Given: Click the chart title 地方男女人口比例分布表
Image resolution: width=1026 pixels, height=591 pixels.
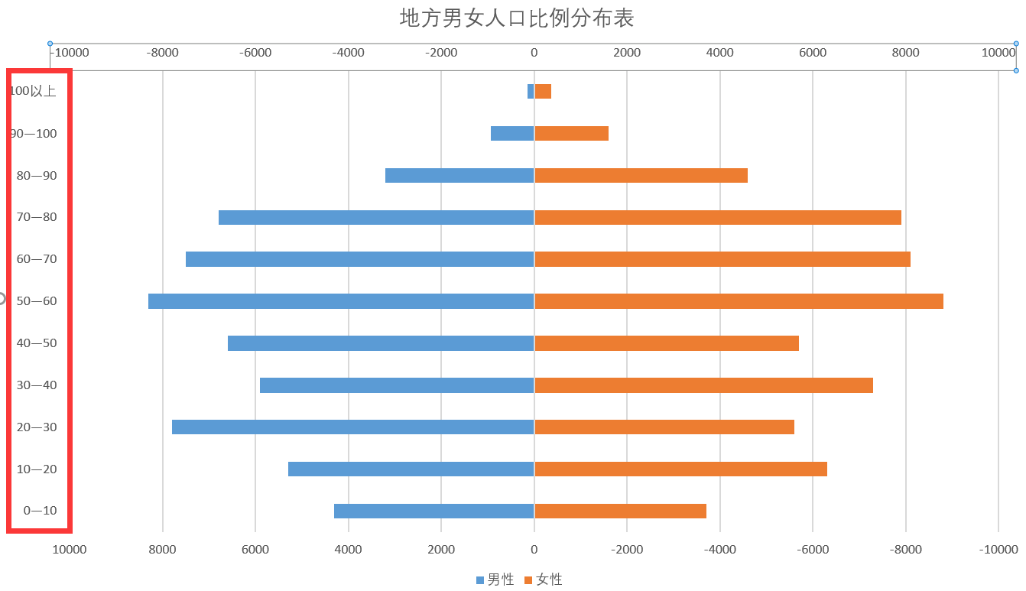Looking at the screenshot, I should click(517, 18).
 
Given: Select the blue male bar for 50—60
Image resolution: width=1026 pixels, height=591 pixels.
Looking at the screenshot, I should click(341, 301).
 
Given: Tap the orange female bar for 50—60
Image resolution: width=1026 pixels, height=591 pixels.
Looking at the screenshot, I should click(739, 301).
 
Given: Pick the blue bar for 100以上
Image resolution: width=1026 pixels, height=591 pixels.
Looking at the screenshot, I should click(531, 92).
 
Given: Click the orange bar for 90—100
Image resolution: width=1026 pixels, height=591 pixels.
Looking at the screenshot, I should click(572, 134).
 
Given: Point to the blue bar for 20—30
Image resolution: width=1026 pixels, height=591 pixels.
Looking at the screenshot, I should click(353, 427).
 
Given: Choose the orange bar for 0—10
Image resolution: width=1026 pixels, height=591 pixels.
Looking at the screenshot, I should click(620, 511).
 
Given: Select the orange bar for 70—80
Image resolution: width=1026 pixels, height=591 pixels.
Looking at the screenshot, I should click(718, 218).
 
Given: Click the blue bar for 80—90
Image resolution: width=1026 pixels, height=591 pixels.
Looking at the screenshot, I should click(459, 176).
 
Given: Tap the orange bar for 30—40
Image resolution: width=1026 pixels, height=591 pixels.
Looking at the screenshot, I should click(703, 385).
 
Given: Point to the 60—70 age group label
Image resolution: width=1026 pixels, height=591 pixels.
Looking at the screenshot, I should click(37, 259).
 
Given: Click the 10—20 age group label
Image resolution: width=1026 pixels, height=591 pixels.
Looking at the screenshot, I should click(37, 469).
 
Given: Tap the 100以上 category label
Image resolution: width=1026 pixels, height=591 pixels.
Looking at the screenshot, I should click(34, 91).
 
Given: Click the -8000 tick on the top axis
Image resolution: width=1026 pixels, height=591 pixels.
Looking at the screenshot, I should click(162, 53).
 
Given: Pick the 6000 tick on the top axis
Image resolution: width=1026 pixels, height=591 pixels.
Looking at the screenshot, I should click(813, 53).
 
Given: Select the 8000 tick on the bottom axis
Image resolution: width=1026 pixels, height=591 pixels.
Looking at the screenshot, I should click(162, 550).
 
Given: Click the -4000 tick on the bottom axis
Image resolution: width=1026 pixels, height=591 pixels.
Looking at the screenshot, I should click(720, 550).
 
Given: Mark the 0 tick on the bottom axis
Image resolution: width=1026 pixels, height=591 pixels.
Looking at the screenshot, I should click(534, 550).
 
